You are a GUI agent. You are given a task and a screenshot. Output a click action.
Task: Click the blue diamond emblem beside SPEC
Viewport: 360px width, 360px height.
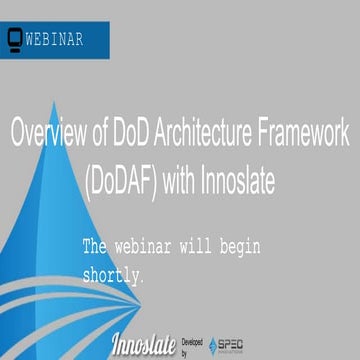pos(214,345)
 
